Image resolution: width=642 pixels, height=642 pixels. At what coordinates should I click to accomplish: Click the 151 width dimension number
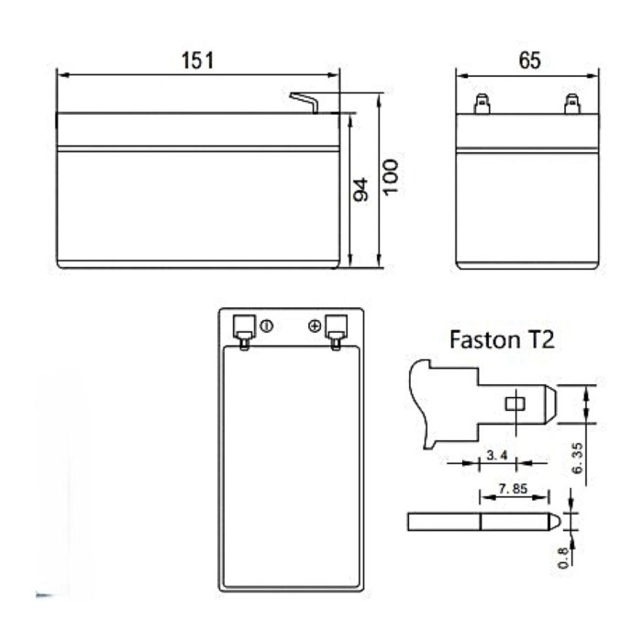point(197,61)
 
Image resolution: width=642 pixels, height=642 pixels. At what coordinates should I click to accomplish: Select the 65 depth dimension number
point(529,61)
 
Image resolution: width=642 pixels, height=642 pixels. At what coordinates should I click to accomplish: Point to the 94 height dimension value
point(360,190)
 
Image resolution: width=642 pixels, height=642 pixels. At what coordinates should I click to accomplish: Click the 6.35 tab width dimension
point(578,456)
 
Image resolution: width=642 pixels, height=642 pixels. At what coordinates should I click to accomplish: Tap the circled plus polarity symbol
point(315,326)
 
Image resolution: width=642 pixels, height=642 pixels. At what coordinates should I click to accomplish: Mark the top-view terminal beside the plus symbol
point(336,330)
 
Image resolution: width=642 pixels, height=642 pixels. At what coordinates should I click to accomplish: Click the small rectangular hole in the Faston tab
point(515,403)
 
